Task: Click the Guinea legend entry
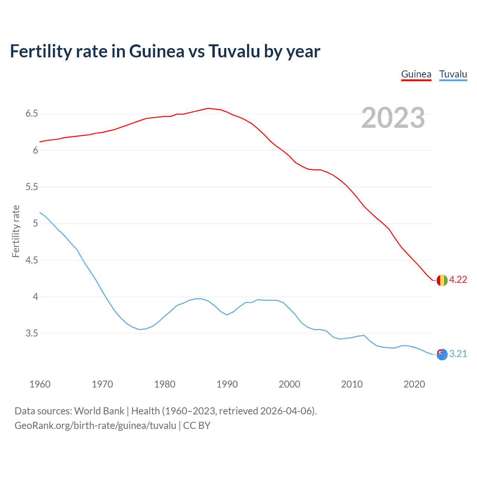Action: [x=416, y=75]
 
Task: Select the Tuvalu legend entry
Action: [x=453, y=75]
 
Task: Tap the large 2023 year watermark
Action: [x=393, y=118]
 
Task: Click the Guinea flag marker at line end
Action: [x=442, y=280]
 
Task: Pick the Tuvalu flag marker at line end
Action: [x=442, y=354]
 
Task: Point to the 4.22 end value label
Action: [x=458, y=280]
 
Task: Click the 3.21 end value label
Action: [x=458, y=354]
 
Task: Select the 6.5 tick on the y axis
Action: [x=32, y=114]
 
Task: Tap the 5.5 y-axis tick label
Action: [x=32, y=187]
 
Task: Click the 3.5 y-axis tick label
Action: [x=32, y=334]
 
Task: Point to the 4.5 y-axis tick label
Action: [x=32, y=260]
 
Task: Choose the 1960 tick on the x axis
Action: [x=40, y=384]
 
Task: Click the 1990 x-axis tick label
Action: [x=227, y=384]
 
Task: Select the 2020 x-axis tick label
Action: [x=414, y=384]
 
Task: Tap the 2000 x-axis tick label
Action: [x=289, y=384]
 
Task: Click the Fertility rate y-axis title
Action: [x=16, y=231]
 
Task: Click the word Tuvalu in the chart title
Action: [x=234, y=51]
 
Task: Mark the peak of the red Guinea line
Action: [x=208, y=108]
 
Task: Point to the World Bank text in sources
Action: [x=99, y=411]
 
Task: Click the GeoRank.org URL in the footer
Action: [x=95, y=426]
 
